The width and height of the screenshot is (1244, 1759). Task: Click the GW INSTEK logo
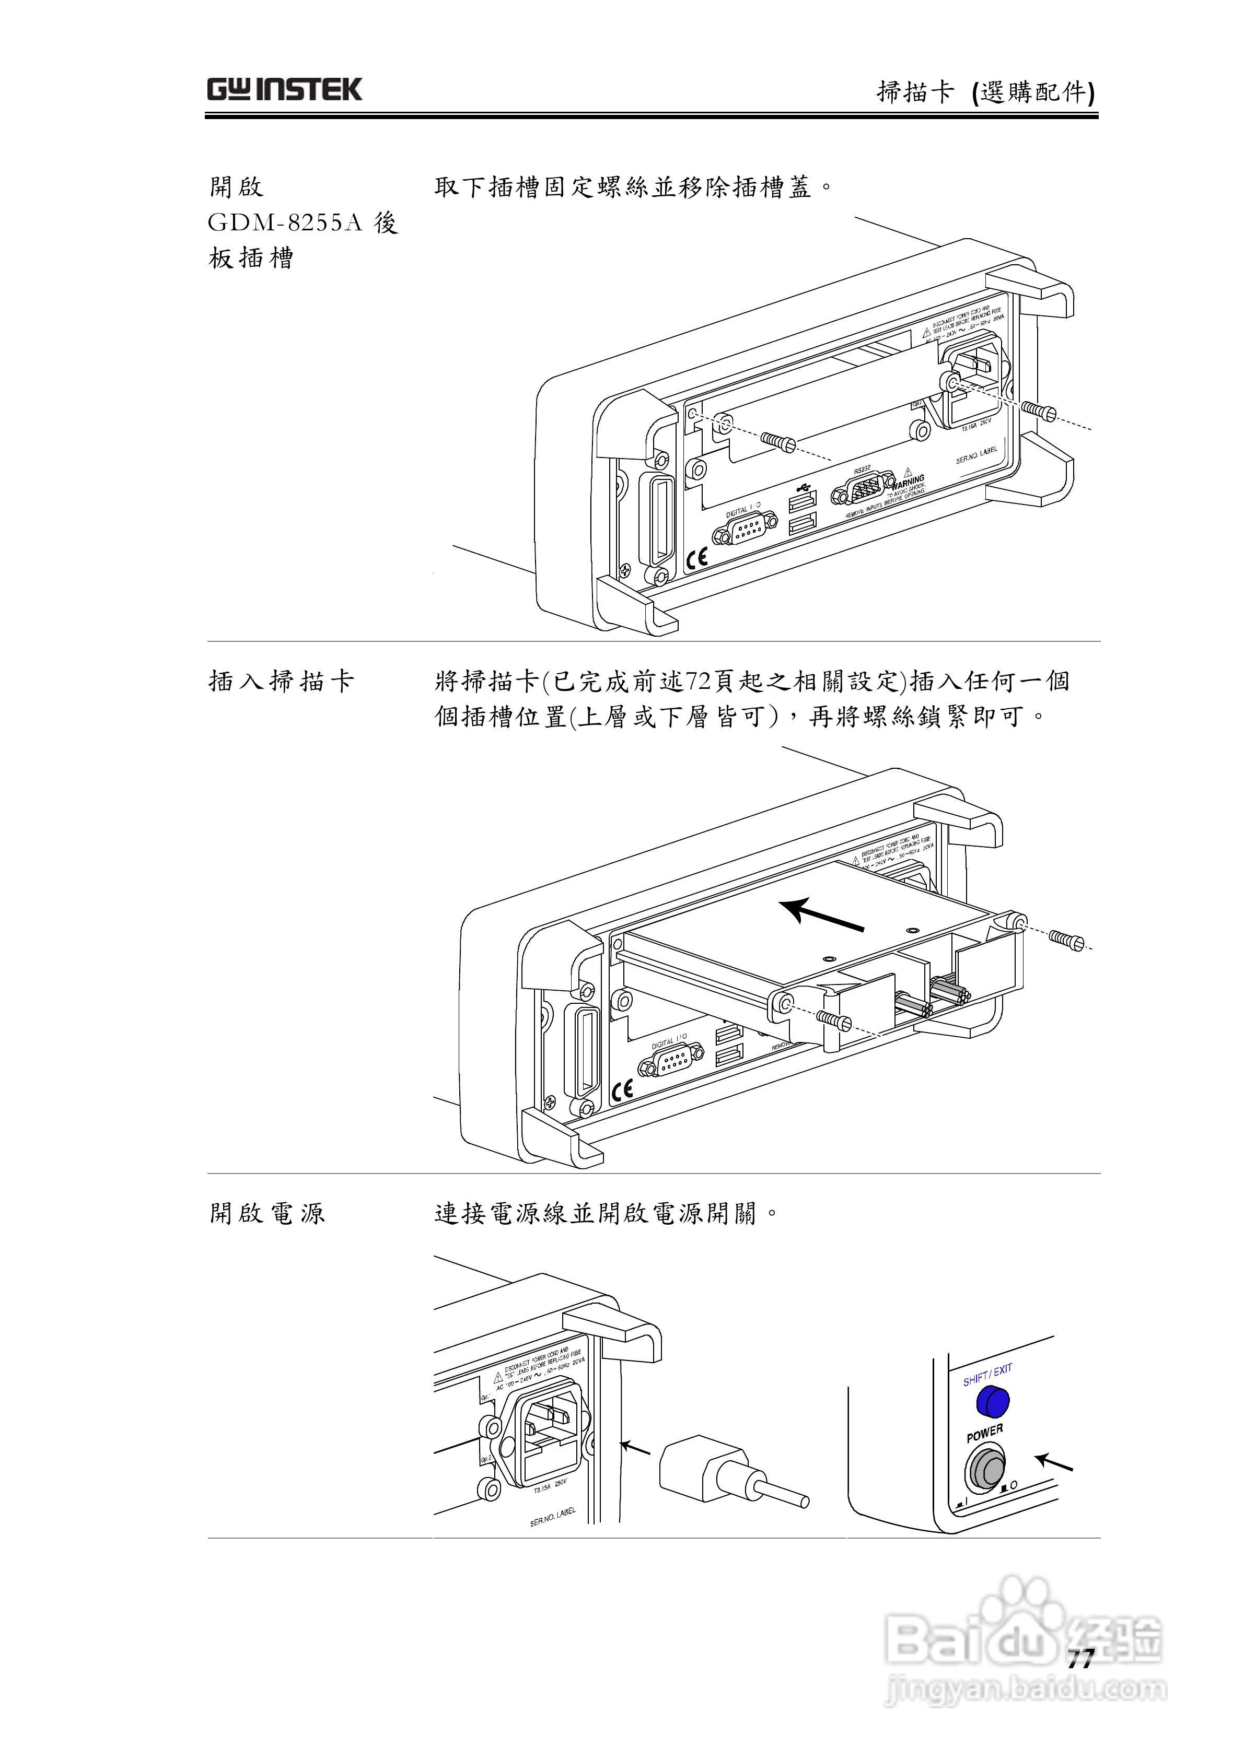[x=284, y=90]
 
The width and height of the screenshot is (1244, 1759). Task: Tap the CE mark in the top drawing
[x=697, y=558]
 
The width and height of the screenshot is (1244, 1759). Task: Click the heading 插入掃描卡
[x=281, y=681]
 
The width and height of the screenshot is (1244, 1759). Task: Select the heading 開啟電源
[x=267, y=1213]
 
